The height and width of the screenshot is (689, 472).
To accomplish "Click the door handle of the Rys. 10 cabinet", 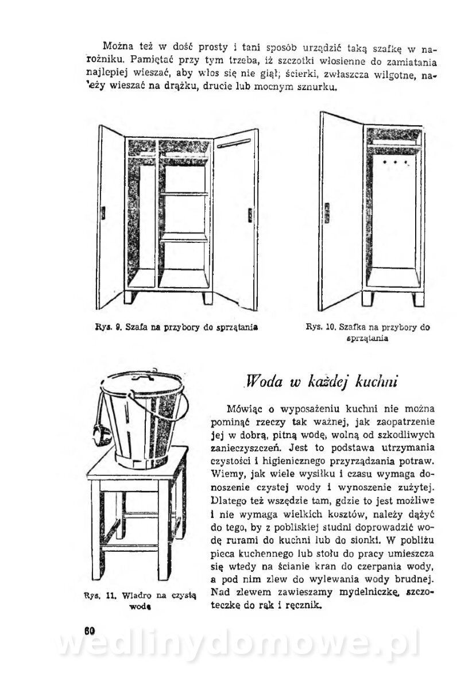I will pos(328,212).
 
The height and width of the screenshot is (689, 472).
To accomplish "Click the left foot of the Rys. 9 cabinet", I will pos(133,299).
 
